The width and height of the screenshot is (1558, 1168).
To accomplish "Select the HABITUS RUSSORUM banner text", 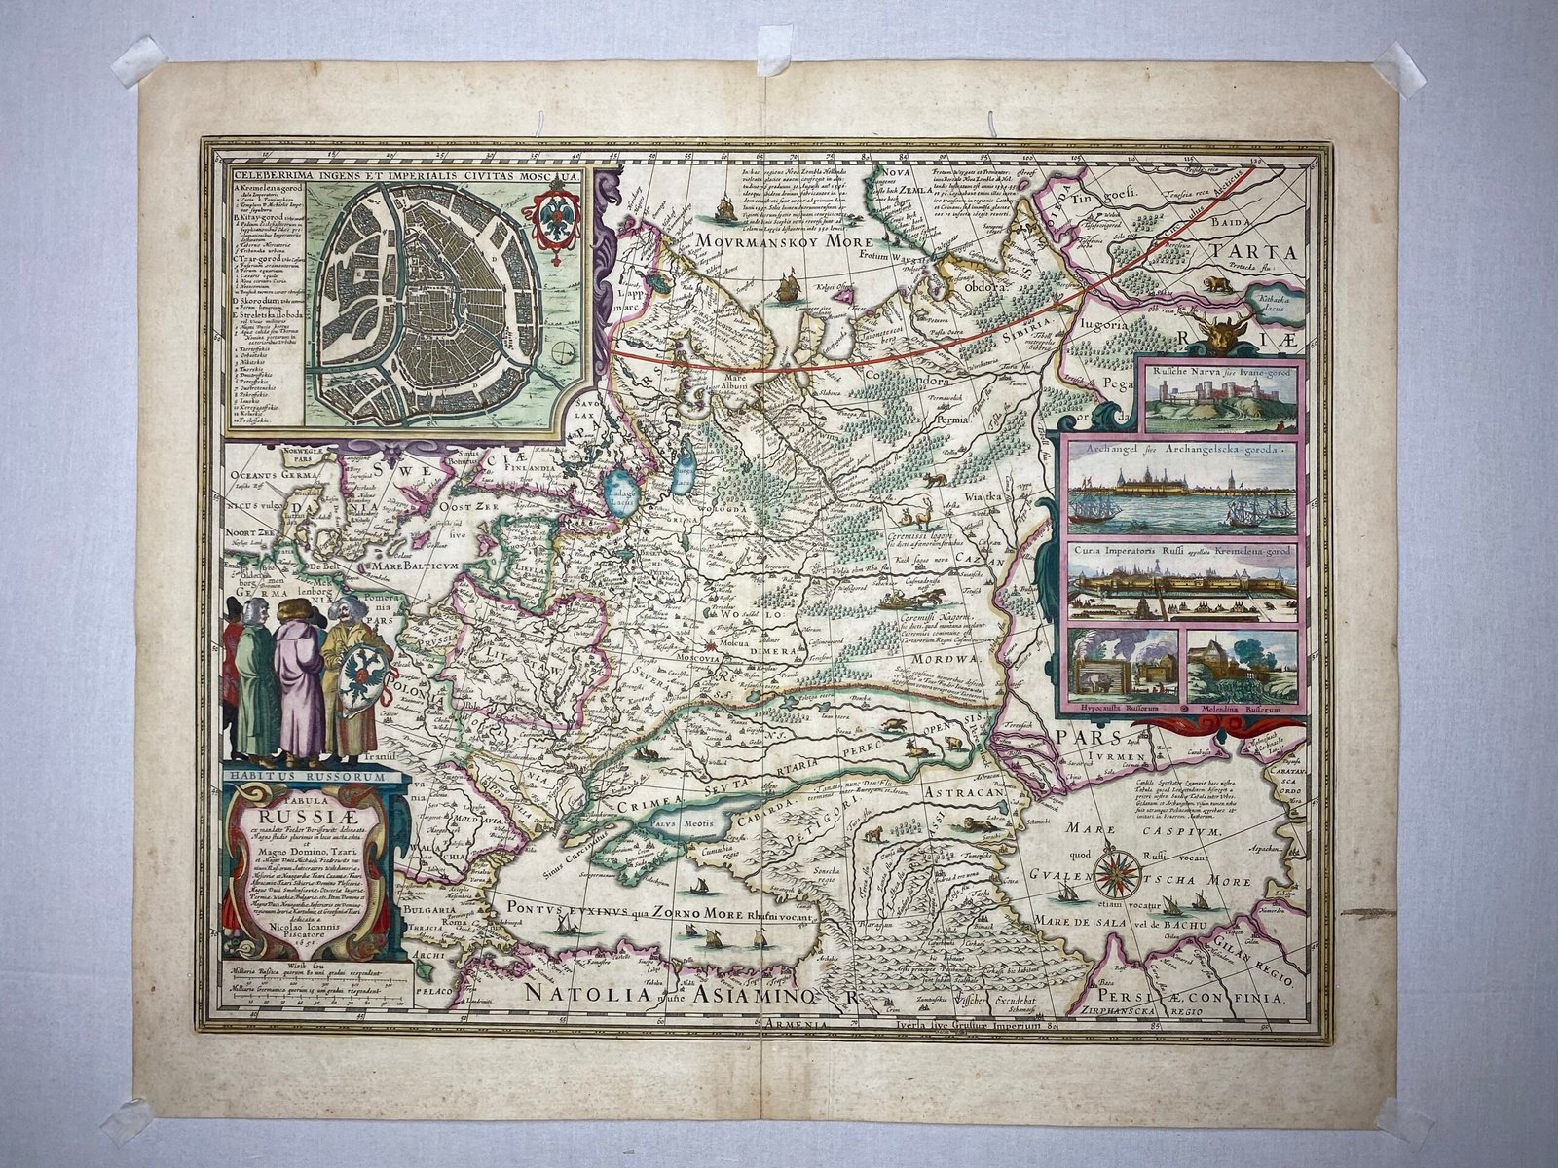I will coord(303,777).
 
